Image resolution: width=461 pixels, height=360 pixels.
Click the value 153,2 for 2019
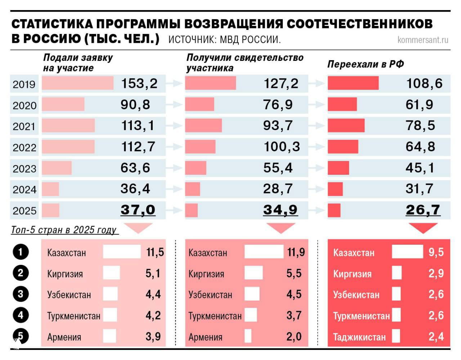(139, 84)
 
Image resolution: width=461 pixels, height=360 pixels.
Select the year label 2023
(24, 169)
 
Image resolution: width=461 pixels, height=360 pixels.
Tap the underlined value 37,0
(138, 210)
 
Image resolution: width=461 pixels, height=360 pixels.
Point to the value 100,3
(282, 147)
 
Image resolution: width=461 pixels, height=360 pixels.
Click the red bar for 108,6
(353, 83)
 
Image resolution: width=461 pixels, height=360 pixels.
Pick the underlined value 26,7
(423, 210)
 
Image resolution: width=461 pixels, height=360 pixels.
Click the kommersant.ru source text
(423, 40)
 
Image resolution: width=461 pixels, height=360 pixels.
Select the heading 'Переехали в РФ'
(365, 64)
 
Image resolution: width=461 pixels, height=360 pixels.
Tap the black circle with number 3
(21, 294)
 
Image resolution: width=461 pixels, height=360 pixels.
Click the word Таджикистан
(359, 337)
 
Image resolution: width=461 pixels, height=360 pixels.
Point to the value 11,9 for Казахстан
(296, 252)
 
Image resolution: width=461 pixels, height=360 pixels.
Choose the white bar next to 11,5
(122, 252)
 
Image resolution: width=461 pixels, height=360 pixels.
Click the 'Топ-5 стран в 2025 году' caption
(64, 230)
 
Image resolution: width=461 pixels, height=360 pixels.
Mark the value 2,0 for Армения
(294, 337)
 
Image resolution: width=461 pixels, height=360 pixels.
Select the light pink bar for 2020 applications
(63, 105)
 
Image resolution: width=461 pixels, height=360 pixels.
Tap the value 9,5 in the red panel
(436, 252)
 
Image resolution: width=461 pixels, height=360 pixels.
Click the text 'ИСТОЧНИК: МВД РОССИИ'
(224, 39)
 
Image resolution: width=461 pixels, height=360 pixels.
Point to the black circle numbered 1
(21, 252)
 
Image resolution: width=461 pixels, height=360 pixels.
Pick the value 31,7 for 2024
(419, 189)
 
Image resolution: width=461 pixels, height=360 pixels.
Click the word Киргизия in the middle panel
(206, 274)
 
